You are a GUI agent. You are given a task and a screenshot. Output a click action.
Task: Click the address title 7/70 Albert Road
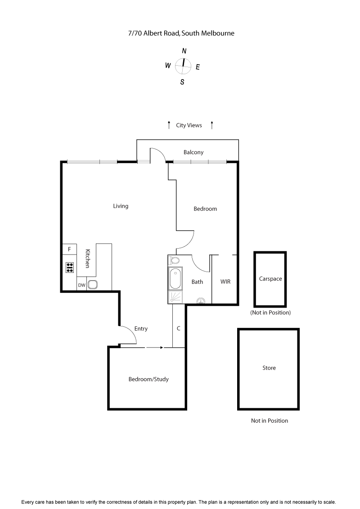181,33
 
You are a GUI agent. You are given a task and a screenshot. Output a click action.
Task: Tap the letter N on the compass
184,51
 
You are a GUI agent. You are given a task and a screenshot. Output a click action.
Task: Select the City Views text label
189,125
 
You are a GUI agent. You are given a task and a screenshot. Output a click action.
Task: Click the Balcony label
193,152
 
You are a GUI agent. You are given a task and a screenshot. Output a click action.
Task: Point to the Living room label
121,206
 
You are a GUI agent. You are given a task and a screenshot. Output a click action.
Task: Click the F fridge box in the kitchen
69,249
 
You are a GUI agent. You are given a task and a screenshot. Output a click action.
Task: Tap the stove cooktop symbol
70,268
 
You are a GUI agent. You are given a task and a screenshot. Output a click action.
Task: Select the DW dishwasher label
81,285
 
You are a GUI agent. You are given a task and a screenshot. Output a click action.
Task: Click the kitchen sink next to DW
93,285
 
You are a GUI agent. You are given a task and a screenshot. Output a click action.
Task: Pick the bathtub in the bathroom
175,278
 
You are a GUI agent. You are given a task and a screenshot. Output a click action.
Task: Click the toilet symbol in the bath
175,260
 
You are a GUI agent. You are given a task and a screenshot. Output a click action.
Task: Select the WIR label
225,282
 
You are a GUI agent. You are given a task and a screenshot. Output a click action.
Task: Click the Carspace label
270,279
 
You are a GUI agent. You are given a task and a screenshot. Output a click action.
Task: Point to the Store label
269,368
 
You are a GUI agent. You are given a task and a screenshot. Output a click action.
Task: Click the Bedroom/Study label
148,379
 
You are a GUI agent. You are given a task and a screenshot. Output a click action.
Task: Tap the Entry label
141,329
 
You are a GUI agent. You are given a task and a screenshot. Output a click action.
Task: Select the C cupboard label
179,329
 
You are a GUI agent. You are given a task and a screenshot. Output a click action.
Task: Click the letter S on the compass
182,82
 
